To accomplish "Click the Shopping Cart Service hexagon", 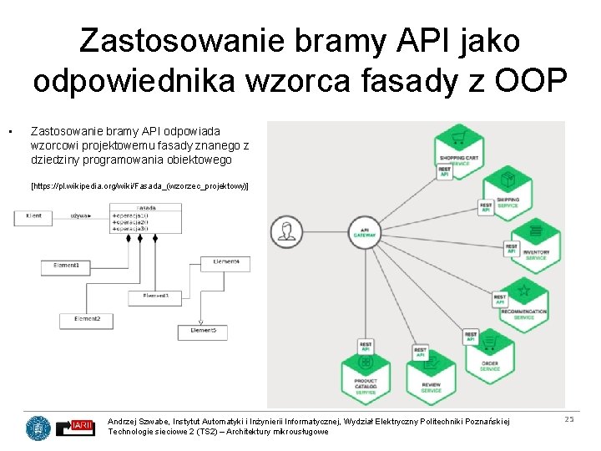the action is [457, 139].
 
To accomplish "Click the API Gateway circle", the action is [363, 231].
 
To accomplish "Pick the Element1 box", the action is [66, 266].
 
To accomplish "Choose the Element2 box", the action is [88, 319].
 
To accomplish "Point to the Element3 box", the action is [156, 296].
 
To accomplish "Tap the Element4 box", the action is [225, 262].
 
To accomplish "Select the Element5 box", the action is [202, 332].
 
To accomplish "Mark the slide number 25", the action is [569, 418].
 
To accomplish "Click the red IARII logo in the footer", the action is [83, 427].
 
